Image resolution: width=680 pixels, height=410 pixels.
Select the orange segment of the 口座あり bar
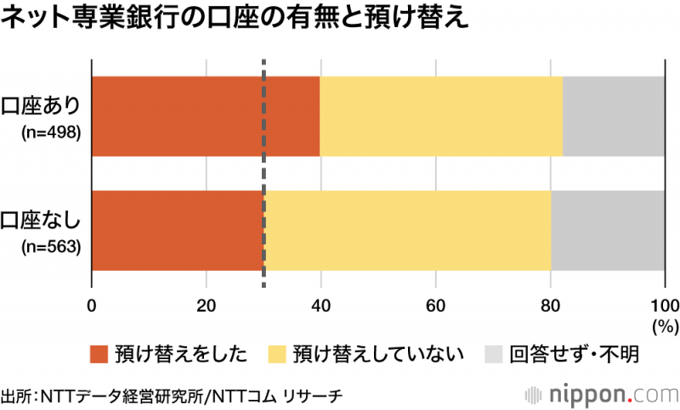click(x=205, y=116)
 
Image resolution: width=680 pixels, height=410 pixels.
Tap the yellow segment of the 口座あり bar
click(x=441, y=116)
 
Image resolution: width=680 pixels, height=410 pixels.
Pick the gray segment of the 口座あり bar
click(x=613, y=116)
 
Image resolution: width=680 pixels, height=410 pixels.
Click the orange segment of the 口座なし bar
click(x=177, y=231)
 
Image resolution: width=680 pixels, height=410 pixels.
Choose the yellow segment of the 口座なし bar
click(x=408, y=231)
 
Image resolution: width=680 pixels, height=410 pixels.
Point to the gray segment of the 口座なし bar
click(x=607, y=231)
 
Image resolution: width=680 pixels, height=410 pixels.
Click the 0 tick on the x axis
click(x=91, y=306)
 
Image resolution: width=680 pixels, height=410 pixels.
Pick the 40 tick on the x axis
click(x=320, y=306)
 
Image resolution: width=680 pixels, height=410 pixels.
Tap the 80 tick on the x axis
click(x=550, y=306)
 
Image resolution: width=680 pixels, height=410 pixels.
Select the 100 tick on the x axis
click(x=664, y=306)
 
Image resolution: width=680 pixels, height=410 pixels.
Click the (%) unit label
click(x=661, y=325)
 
